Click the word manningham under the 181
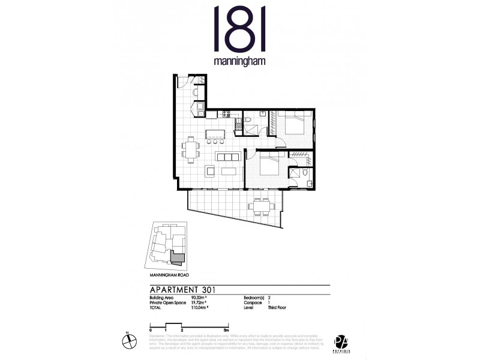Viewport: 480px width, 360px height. tap(239, 61)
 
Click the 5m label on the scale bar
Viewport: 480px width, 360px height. tap(225, 331)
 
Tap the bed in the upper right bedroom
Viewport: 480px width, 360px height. tap(294, 127)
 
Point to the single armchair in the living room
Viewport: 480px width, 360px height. tap(209, 172)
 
